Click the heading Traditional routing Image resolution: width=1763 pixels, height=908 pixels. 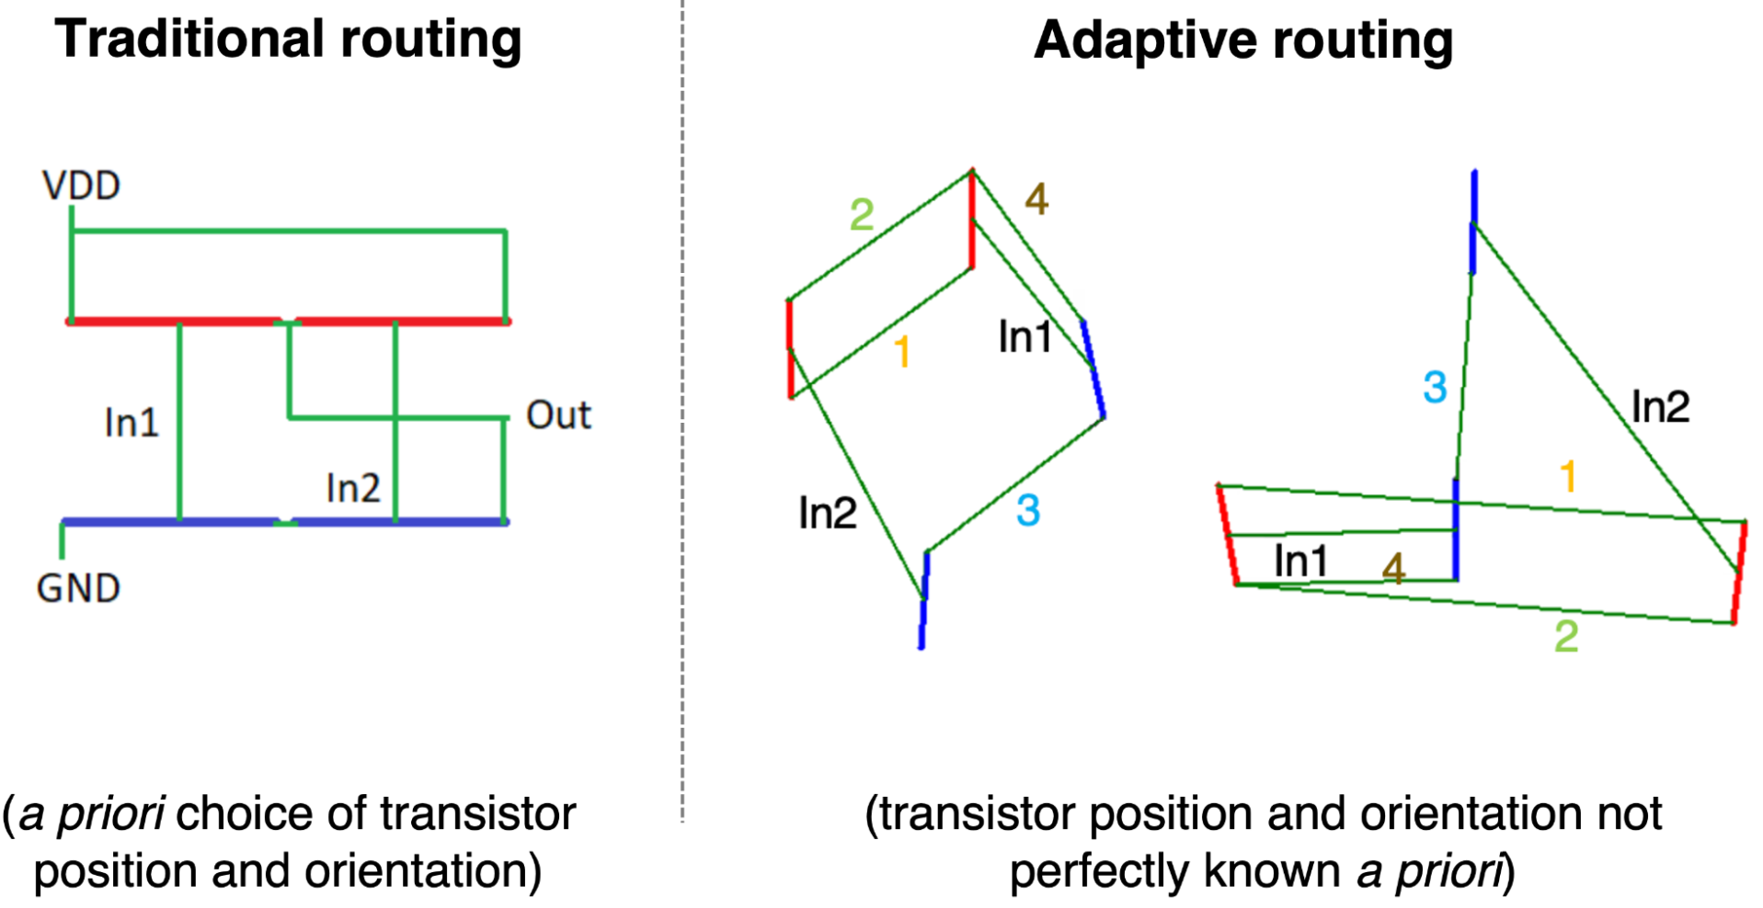tap(288, 40)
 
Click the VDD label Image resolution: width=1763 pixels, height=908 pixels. tap(81, 187)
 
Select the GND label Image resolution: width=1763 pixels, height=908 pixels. tap(78, 589)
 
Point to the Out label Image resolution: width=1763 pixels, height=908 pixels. tap(557, 415)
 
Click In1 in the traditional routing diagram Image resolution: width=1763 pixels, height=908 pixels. tap(132, 424)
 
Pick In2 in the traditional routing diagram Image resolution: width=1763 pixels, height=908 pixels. tap(353, 488)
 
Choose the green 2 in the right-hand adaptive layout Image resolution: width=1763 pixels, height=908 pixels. tap(1566, 636)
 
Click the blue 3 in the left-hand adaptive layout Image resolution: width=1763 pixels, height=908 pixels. tap(1028, 510)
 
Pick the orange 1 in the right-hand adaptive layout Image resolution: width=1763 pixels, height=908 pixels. tap(1568, 477)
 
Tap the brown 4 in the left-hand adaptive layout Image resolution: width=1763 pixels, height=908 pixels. tap(1036, 199)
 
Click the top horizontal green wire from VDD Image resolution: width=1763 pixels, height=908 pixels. tap(289, 231)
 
